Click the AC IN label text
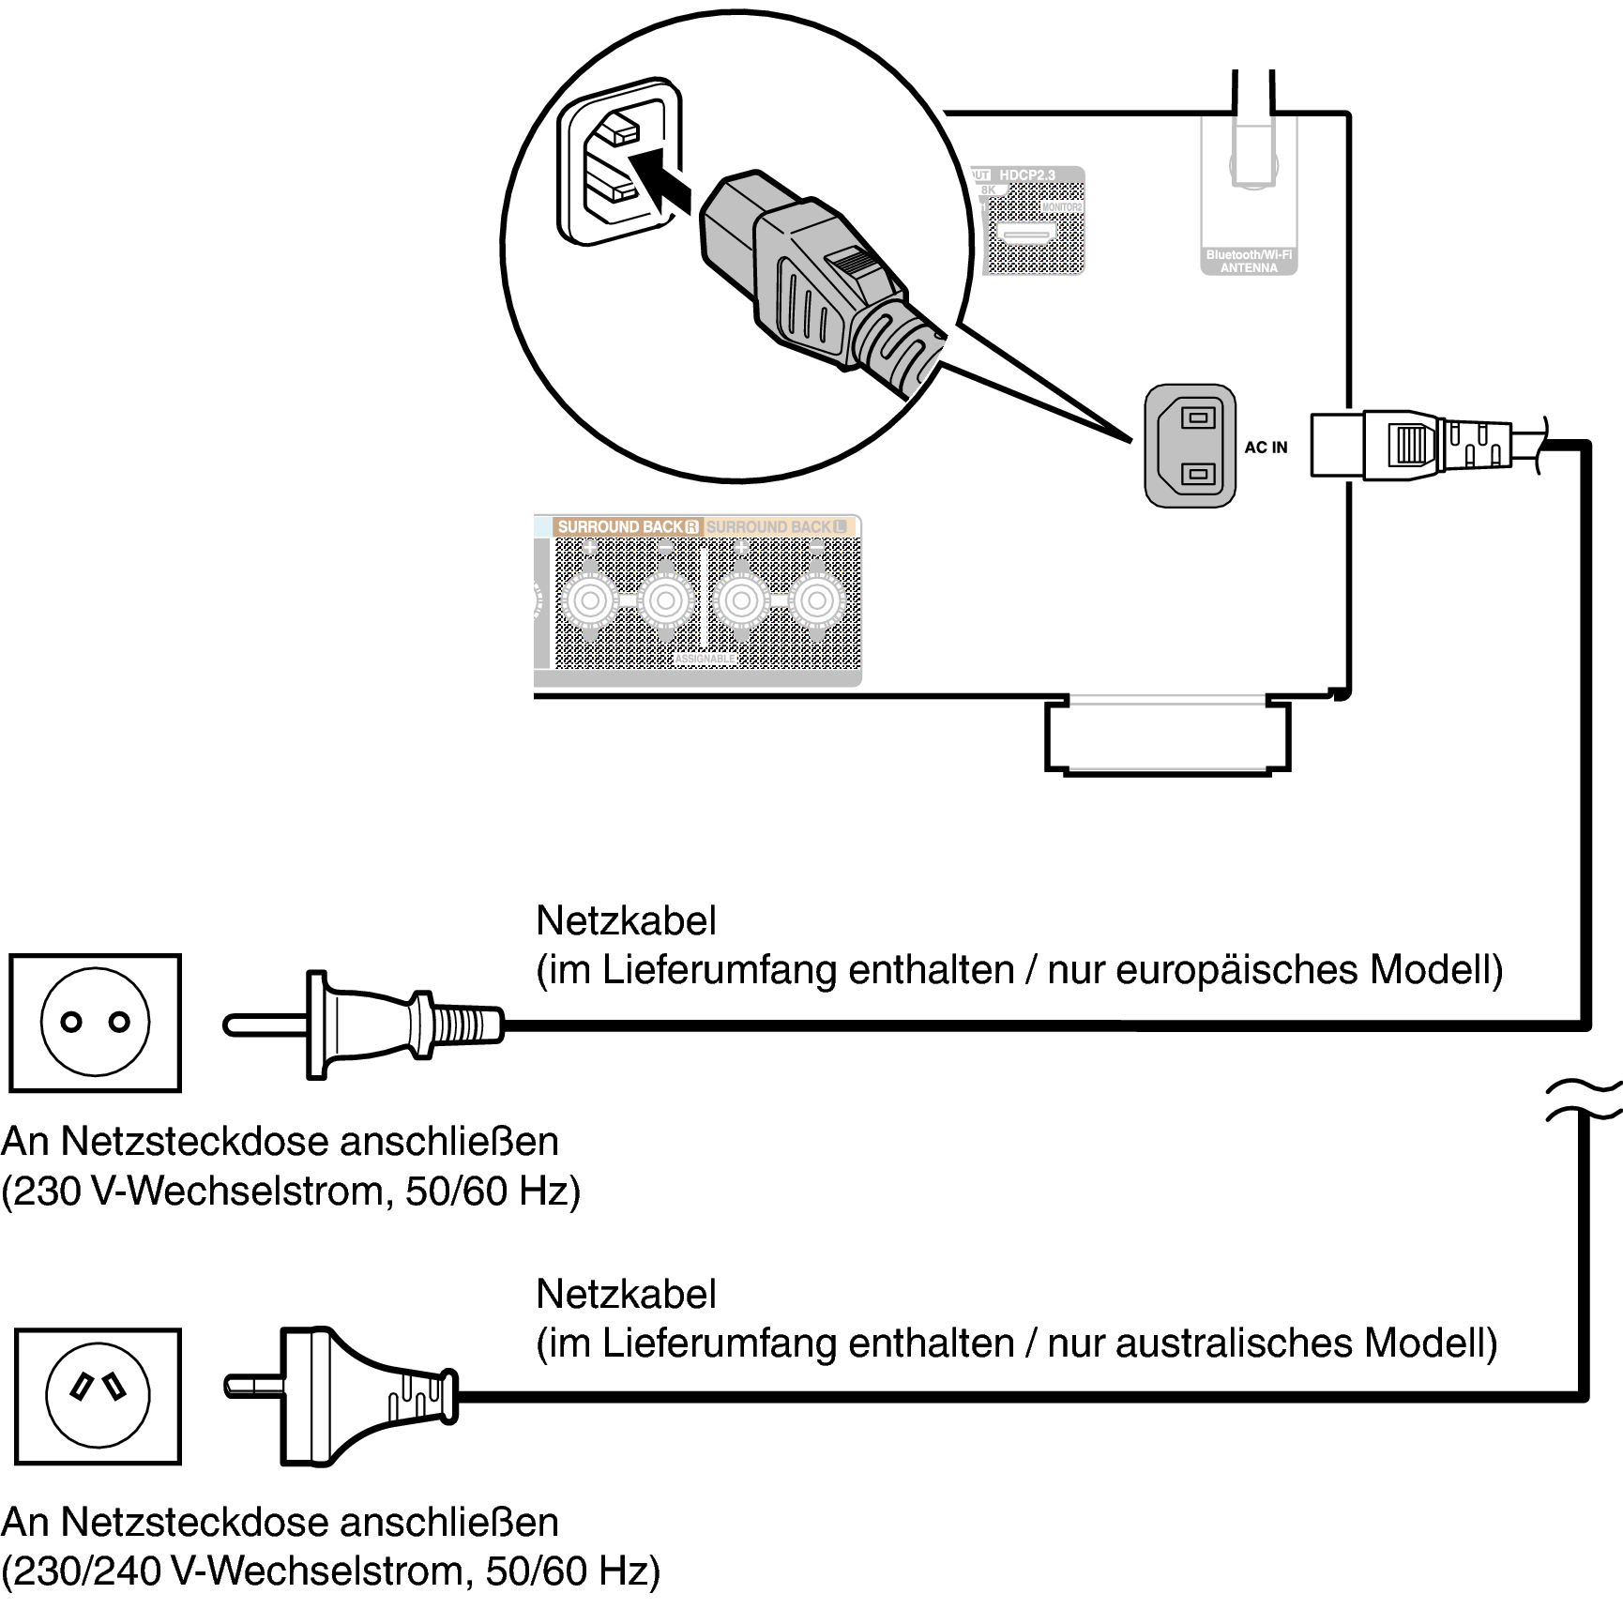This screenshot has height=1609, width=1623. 1266,448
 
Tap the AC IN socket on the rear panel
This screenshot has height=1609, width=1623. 1191,446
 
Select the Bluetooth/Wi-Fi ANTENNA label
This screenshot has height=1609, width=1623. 1249,261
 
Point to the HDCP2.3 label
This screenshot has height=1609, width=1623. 1027,175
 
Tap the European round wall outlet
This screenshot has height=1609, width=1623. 95,1023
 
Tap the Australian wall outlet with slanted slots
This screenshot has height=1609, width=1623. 98,1395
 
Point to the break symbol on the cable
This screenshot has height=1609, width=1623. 1585,1100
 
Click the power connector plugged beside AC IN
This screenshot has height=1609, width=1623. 1407,445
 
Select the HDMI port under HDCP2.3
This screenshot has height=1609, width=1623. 1025,235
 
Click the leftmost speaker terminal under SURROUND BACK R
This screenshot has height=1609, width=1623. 590,600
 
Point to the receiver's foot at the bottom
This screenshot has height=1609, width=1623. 1167,736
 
